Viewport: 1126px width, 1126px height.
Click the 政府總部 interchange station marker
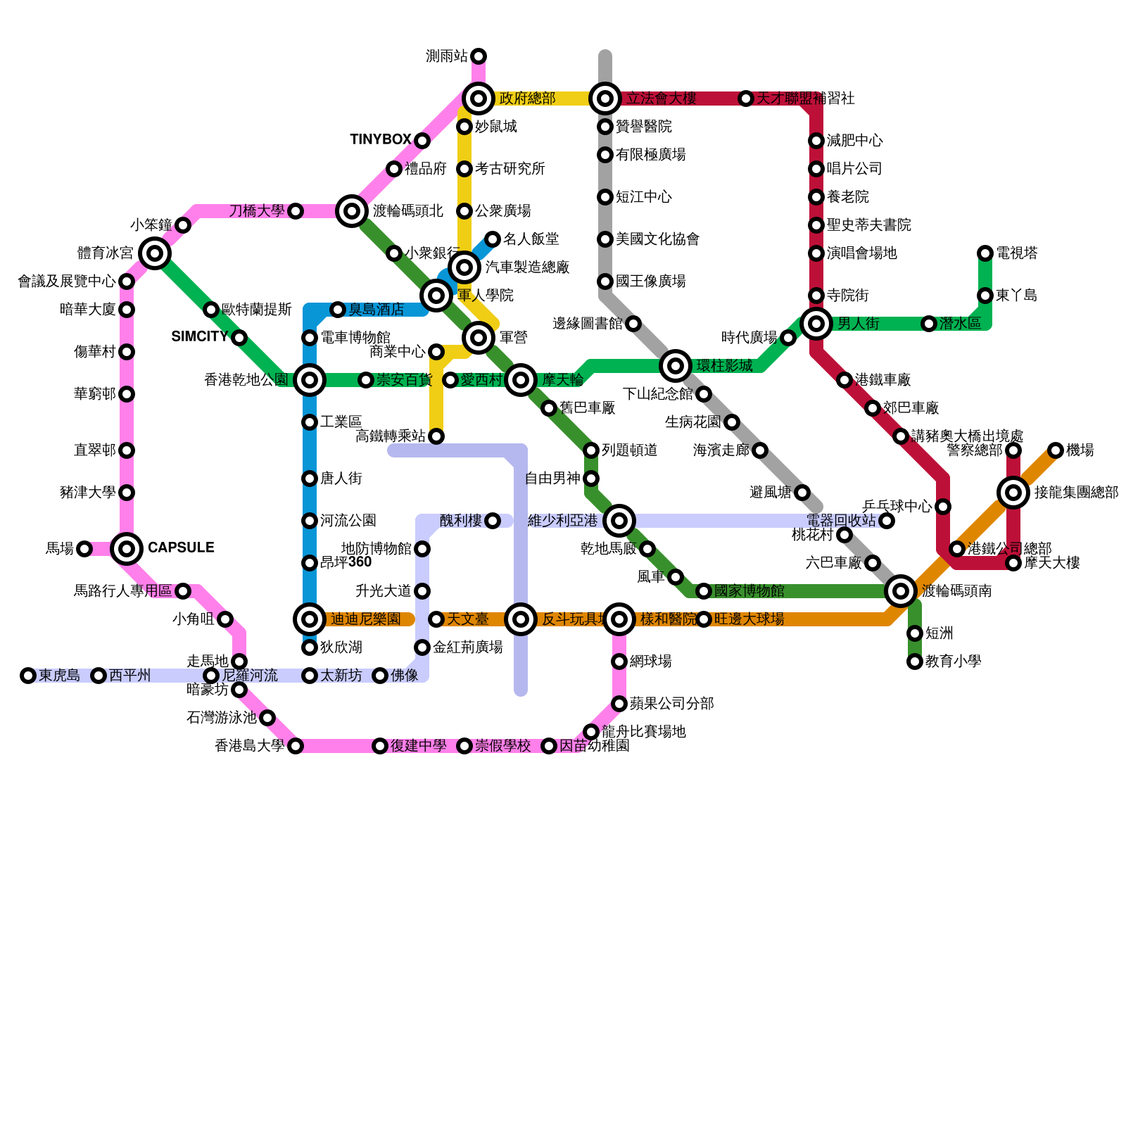(x=479, y=99)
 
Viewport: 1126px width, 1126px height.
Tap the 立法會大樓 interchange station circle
(x=605, y=99)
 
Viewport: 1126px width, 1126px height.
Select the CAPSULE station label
(x=181, y=548)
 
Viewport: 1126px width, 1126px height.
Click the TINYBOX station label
(x=380, y=140)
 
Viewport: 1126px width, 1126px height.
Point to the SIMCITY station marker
(x=239, y=338)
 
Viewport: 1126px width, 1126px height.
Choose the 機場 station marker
(x=1056, y=450)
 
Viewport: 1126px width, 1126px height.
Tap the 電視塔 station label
(x=1017, y=253)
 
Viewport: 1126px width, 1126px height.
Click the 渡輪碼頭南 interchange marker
(x=901, y=591)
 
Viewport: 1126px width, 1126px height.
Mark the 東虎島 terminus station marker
(x=28, y=676)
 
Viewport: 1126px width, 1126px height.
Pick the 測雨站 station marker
(x=479, y=56)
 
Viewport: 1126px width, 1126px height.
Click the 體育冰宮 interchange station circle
(x=155, y=253)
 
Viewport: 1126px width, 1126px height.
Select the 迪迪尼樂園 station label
(x=365, y=619)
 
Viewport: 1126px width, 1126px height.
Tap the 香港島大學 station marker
(x=296, y=746)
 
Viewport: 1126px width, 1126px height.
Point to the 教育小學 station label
(x=953, y=662)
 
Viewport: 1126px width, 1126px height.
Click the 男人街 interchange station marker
(x=816, y=324)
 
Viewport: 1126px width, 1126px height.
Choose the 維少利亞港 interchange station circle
(x=619, y=521)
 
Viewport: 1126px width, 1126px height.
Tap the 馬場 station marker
(x=84, y=549)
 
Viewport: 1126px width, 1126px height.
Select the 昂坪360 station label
(x=346, y=562)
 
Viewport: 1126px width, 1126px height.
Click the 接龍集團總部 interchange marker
(x=1013, y=493)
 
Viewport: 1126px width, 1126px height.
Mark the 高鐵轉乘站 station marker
(x=436, y=436)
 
